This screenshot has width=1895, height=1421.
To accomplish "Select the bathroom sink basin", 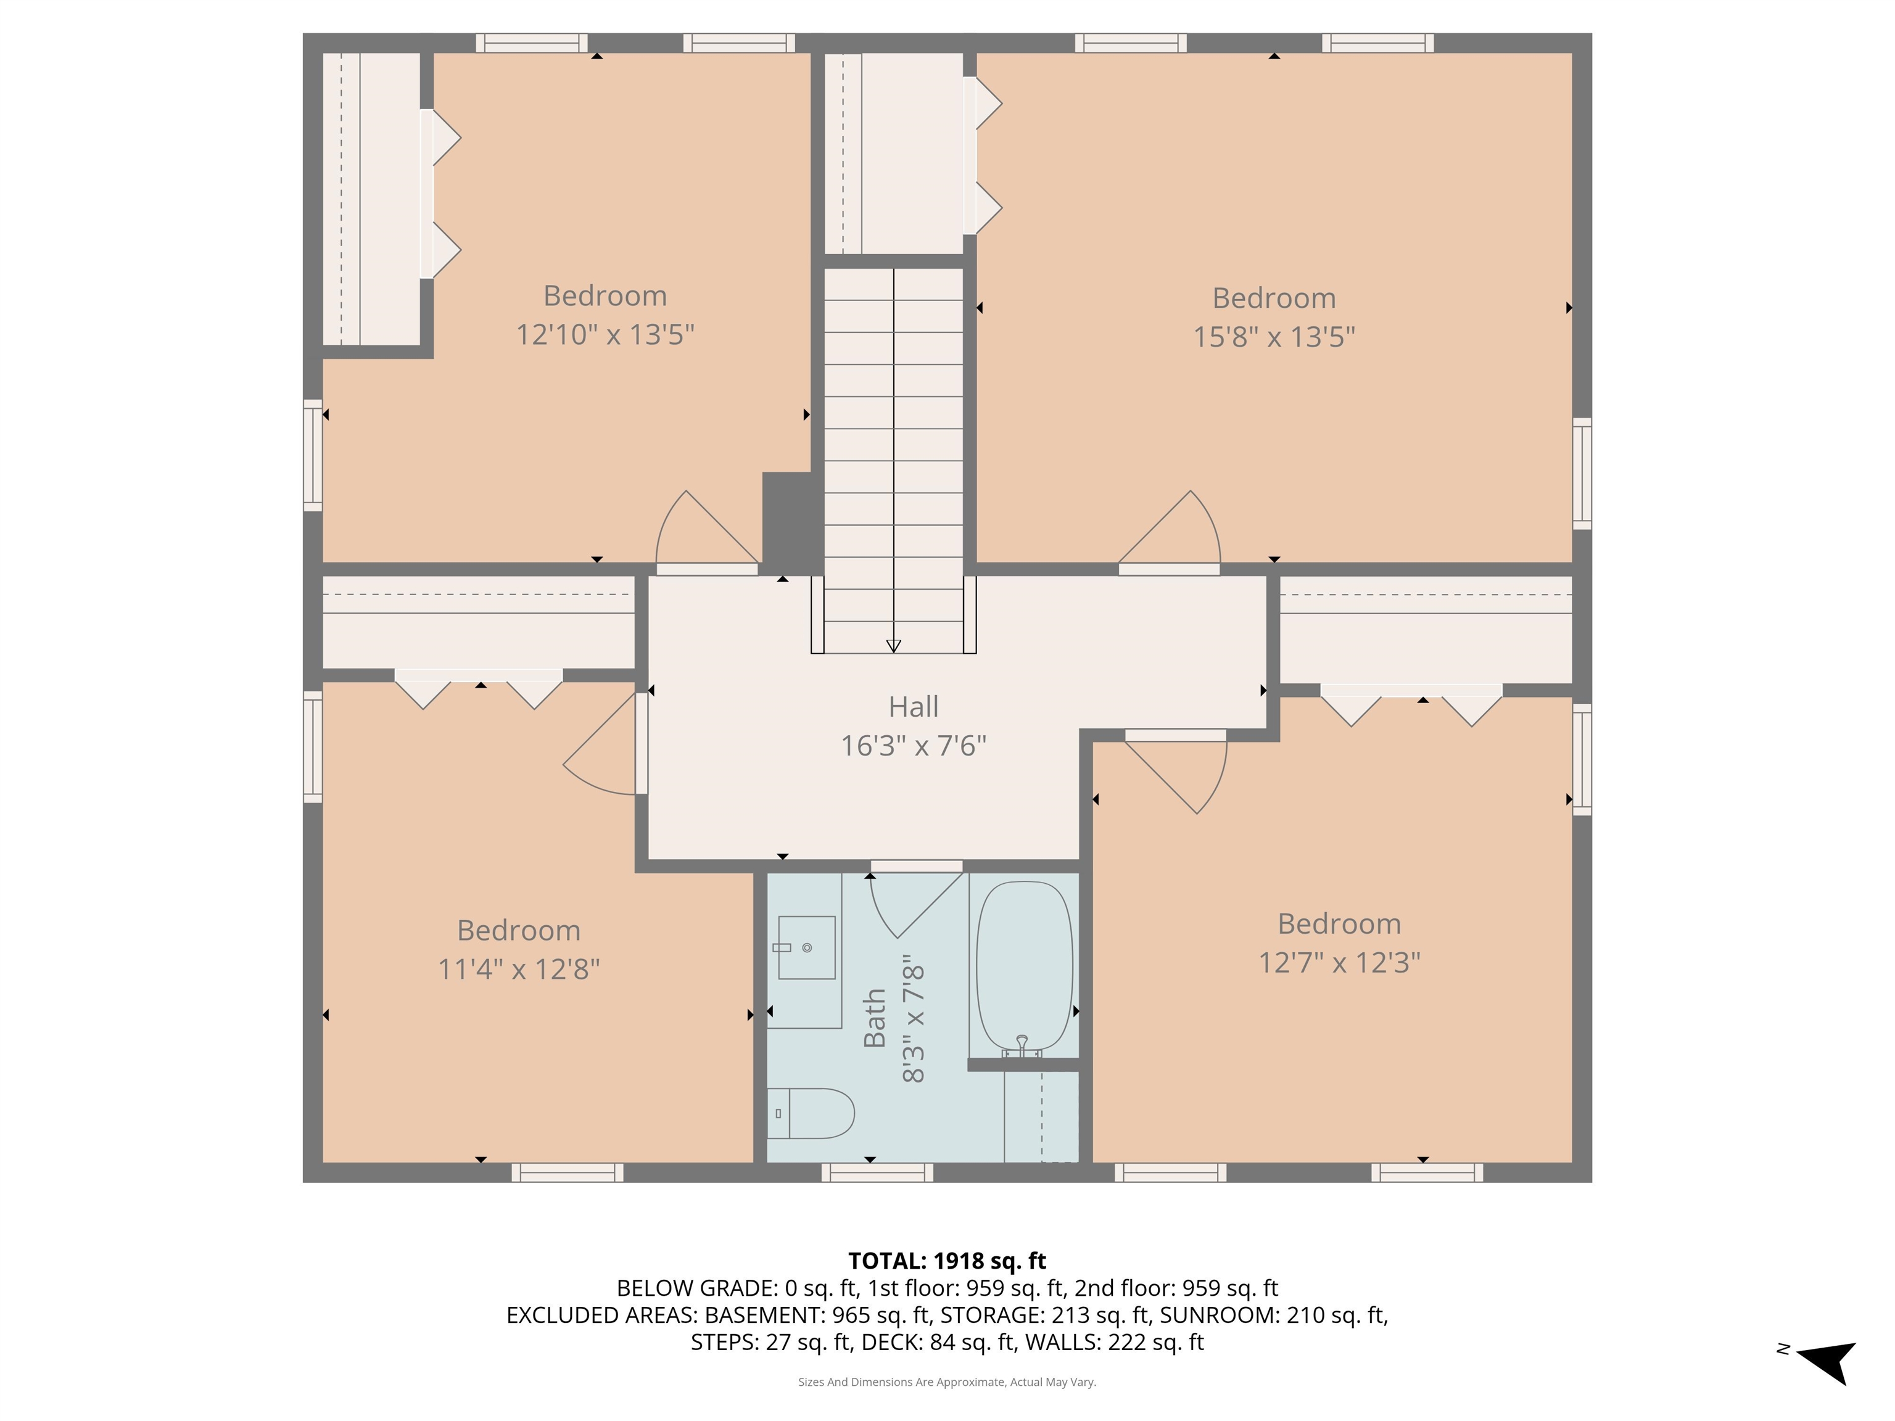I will (x=806, y=947).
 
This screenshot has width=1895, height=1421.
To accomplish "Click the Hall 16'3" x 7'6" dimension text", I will (x=913, y=745).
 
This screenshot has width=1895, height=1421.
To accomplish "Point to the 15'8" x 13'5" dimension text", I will (x=1274, y=337).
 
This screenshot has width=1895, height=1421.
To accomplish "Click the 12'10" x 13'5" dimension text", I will (x=605, y=334).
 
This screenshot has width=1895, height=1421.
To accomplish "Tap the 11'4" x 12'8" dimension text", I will (x=518, y=969).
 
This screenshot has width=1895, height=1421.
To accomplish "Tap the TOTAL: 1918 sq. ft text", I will (x=947, y=1261).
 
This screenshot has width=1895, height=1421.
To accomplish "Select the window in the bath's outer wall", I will (x=877, y=1172).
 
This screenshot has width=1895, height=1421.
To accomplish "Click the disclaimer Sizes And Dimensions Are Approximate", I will (x=947, y=1382).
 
